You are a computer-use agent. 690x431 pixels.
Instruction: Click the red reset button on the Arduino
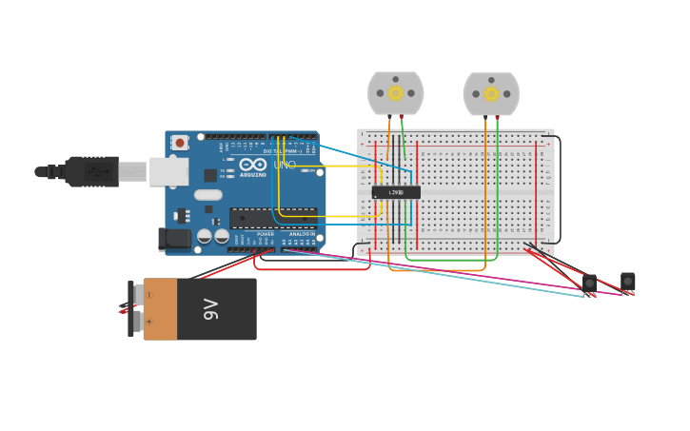[x=180, y=143]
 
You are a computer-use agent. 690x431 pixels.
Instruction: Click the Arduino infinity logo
[x=253, y=165]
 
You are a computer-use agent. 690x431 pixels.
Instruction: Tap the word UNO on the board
[x=285, y=165]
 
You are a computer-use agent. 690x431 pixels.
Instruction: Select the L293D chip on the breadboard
[x=396, y=192]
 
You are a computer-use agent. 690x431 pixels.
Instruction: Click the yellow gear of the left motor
[x=396, y=93]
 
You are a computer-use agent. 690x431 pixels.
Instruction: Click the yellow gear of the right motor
[x=491, y=93]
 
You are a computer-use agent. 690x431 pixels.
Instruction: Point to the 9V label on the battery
[x=211, y=309]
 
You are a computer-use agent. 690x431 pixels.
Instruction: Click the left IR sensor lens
[x=589, y=283]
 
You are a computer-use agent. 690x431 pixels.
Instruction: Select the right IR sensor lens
[x=627, y=281]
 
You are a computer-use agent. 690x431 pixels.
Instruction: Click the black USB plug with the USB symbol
[x=95, y=172]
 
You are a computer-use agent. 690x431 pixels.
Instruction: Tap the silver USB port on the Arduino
[x=169, y=171]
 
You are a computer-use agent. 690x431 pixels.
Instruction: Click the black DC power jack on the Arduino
[x=175, y=239]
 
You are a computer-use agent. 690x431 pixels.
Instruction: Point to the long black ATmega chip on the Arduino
[x=272, y=218]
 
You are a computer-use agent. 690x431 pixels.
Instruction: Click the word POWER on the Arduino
[x=266, y=234]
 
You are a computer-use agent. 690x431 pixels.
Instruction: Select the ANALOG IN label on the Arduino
[x=302, y=234]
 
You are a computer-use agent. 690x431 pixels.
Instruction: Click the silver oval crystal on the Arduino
[x=208, y=195]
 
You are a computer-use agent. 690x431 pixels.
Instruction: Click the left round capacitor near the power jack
[x=205, y=236]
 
